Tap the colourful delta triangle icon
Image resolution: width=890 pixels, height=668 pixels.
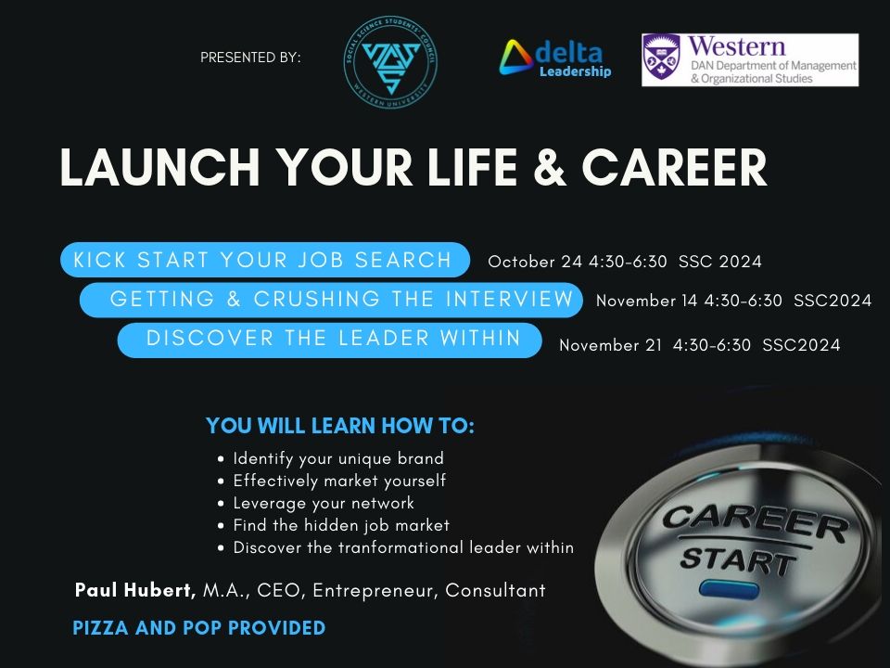click(516, 58)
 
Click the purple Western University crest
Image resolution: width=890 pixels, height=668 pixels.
click(661, 58)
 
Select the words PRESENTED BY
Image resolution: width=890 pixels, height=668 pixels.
click(250, 58)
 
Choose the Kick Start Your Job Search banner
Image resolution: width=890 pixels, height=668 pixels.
click(263, 260)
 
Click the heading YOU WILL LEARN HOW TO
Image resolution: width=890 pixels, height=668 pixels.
click(340, 426)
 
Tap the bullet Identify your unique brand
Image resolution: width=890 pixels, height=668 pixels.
click(338, 458)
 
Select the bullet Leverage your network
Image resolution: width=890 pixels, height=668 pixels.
click(324, 503)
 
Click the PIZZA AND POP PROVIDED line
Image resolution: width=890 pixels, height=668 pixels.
click(199, 628)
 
